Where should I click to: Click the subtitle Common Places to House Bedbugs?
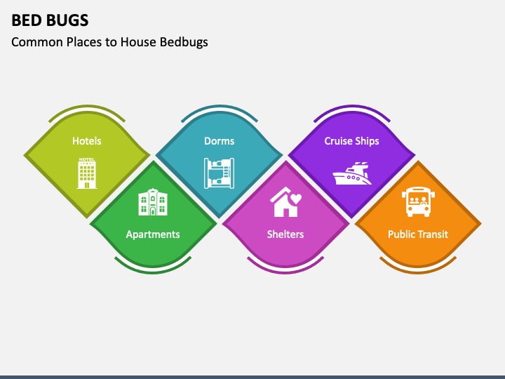coord(109,42)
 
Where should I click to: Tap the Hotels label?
coord(87,141)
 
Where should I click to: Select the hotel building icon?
coord(87,173)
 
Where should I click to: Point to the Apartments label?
coord(153,234)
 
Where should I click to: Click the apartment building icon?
coord(153,202)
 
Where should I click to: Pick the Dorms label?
coord(219,141)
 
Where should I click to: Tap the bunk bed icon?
coord(219,173)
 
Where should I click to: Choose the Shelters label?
coord(285,234)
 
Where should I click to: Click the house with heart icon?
coord(285,202)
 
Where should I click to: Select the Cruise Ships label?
coord(351,141)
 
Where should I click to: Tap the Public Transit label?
coord(418,234)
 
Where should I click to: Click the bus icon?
coord(418,202)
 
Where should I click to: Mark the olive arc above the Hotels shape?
coord(87,107)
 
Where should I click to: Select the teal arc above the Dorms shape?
coord(219,107)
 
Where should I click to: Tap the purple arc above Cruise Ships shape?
coord(351,107)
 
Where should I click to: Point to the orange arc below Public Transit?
coord(418,268)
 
